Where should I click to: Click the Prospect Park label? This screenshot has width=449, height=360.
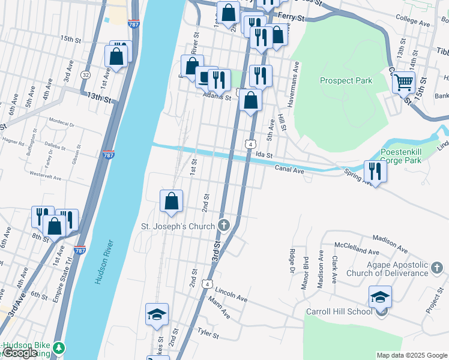[346, 80]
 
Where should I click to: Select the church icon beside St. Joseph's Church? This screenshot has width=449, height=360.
[224, 226]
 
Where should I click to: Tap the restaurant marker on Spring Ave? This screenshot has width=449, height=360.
[375, 170]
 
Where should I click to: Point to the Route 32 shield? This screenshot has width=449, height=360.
[86, 75]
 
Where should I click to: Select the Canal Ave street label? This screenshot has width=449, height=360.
[290, 170]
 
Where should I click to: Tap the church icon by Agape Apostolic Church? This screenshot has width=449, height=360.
[436, 266]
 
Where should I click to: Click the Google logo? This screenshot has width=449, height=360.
[20, 353]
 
